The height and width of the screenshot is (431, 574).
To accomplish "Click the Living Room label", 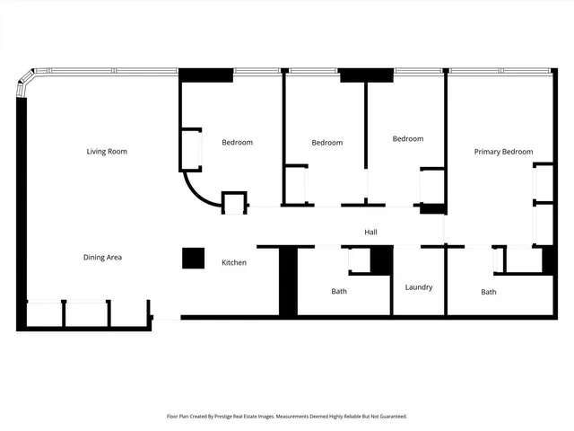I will [x=107, y=152].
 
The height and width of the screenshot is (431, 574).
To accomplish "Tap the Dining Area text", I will [x=102, y=258].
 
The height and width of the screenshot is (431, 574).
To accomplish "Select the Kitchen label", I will [x=234, y=263].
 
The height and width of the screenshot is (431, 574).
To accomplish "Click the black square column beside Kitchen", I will [x=194, y=258].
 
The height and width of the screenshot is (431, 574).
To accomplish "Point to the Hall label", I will [x=370, y=233].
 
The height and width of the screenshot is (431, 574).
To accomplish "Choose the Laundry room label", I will [x=418, y=287].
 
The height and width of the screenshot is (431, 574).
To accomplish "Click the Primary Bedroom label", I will [x=503, y=153].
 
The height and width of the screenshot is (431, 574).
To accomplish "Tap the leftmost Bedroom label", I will [x=238, y=143].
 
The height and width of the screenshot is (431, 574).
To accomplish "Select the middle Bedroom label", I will [x=327, y=143].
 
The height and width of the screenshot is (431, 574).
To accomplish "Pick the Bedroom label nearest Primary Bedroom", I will [x=408, y=139].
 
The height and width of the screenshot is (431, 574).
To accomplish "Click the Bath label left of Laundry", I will [x=339, y=291].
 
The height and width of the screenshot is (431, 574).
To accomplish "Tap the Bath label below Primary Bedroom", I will [x=489, y=292].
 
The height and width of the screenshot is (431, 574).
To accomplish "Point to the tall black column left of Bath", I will [x=288, y=281].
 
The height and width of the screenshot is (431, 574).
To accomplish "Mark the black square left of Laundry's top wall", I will [x=381, y=259].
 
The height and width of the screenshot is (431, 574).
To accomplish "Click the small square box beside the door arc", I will [x=234, y=202].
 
